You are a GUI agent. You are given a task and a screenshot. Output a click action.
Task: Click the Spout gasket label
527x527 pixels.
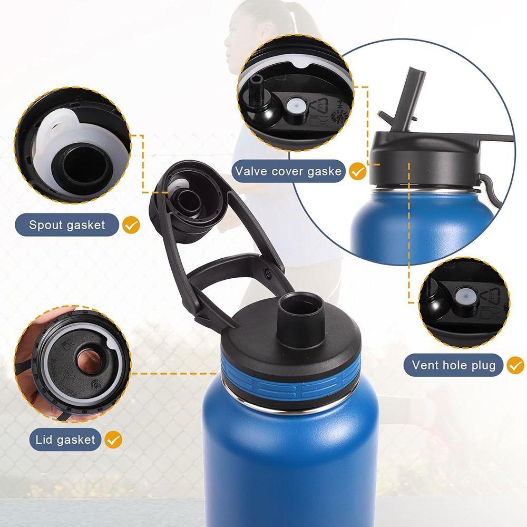[67, 225]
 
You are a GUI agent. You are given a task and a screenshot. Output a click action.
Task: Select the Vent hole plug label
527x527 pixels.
[454, 365]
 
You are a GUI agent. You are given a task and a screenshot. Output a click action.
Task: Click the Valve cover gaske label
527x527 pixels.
[289, 171]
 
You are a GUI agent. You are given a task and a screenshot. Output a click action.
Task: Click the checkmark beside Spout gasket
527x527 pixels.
[131, 226]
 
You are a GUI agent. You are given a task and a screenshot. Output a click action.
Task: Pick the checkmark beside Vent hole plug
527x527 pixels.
[515, 364]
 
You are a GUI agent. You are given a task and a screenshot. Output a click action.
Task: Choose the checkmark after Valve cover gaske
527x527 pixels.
[358, 171]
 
